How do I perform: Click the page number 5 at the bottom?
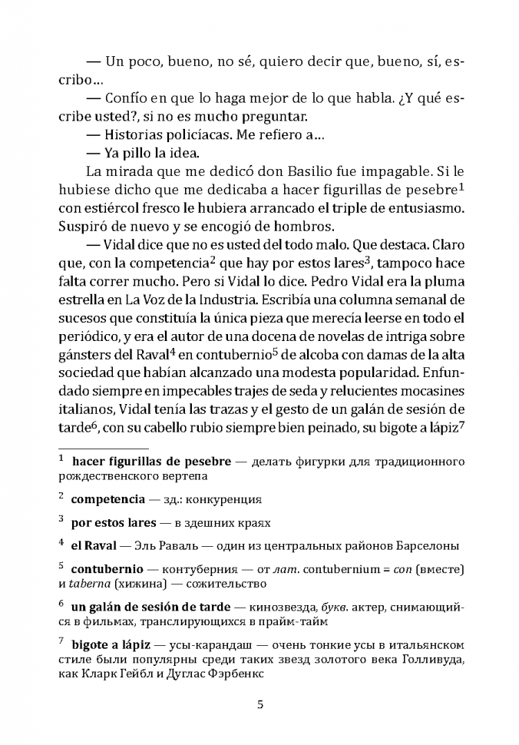259,704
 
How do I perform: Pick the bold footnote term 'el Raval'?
93,546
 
